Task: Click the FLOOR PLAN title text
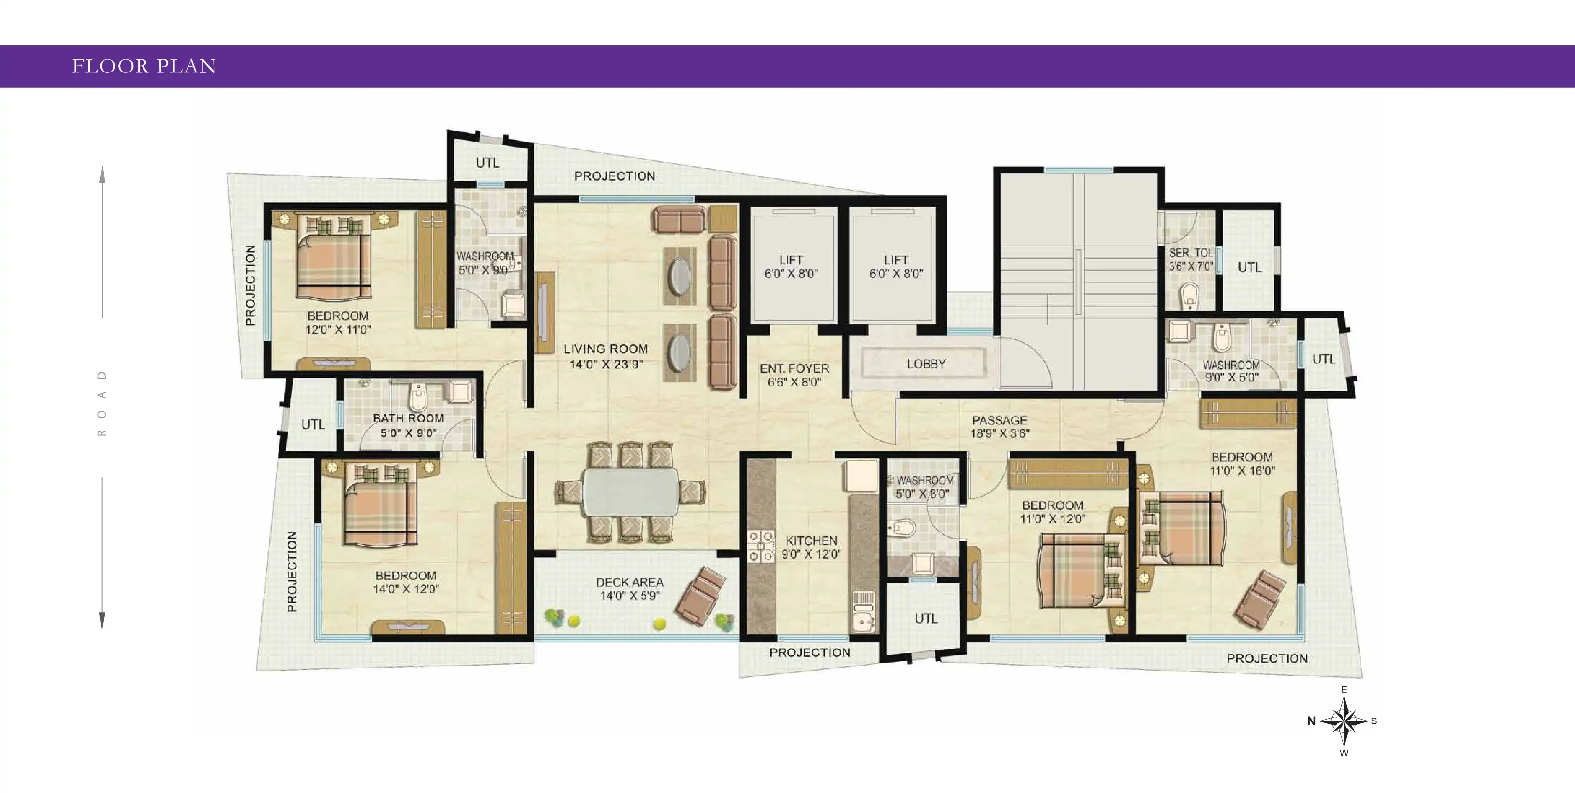144,66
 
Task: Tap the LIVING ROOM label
605,349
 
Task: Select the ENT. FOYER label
794,368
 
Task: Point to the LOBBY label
927,364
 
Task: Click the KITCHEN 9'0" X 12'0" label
811,547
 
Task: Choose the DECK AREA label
630,582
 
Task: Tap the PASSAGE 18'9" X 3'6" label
1000,427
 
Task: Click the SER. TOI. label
1190,253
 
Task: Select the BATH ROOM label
409,418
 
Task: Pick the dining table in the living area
631,492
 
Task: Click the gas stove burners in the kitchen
761,547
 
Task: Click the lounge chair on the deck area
701,596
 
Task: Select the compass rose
1343,721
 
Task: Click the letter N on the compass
1311,721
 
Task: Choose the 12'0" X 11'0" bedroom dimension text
338,330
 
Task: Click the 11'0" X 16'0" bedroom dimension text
1242,471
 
